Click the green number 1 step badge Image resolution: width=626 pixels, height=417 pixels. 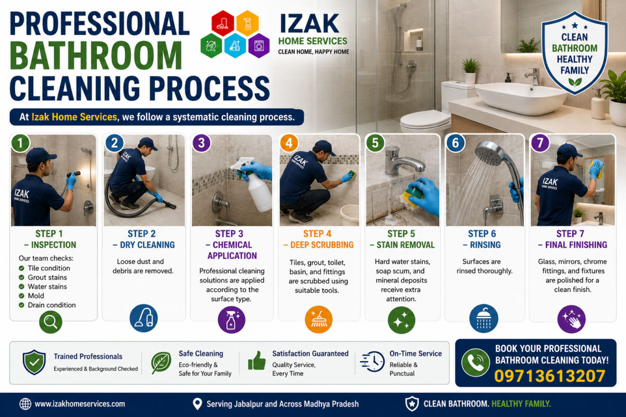[20, 143]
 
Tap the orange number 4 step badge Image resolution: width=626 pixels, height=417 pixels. [289, 143]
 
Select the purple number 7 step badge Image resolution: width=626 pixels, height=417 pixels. [540, 143]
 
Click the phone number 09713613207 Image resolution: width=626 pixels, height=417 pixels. [550, 376]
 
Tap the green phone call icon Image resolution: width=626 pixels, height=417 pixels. [475, 363]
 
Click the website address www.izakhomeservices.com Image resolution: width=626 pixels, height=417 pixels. [80, 404]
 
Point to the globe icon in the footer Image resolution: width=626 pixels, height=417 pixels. [25, 404]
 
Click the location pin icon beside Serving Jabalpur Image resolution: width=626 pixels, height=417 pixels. [197, 404]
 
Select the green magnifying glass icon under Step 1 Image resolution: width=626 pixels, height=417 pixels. [51, 322]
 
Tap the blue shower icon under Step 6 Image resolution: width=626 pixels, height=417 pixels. [484, 318]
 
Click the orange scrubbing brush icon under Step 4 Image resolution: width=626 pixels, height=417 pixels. [318, 320]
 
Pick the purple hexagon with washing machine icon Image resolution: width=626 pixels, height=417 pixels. [259, 45]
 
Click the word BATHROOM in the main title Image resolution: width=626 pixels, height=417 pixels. [96, 55]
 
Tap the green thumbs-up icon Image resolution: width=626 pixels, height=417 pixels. [257, 361]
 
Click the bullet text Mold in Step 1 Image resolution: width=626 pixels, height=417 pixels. [36, 296]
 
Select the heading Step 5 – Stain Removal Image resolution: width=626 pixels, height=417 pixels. [402, 239]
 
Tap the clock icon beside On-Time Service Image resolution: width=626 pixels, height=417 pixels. [372, 361]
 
